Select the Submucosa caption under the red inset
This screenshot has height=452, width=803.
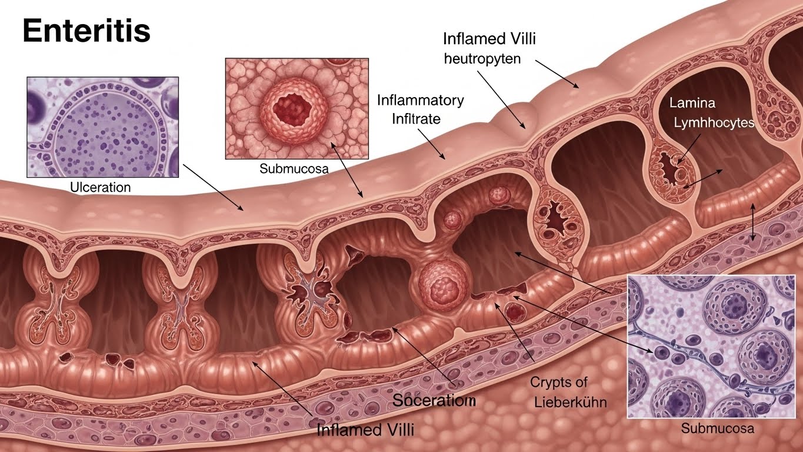click(294, 169)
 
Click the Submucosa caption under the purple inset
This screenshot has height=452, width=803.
click(717, 428)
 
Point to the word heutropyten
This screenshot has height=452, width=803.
click(482, 59)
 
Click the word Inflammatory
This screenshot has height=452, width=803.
click(420, 99)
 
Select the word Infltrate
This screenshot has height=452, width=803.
click(416, 119)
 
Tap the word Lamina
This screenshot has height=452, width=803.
click(692, 103)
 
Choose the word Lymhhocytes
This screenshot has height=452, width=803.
click(714, 123)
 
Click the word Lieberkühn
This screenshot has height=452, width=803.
click(571, 403)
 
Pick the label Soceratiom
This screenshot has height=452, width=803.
click(434, 401)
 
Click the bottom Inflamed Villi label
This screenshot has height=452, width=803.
click(365, 430)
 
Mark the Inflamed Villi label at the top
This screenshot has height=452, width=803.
click(489, 39)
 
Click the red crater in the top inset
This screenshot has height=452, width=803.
click(297, 105)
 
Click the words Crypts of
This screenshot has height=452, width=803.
click(559, 382)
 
